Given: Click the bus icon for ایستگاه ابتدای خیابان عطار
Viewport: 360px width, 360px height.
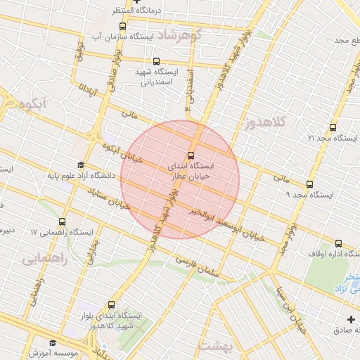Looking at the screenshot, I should coord(191,155).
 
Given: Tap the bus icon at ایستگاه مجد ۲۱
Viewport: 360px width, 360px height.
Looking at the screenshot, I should coord(333,127).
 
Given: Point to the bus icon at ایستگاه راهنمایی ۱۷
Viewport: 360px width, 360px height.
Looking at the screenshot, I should coord(63,222).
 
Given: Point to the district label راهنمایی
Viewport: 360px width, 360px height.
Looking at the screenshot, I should coord(44,259).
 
